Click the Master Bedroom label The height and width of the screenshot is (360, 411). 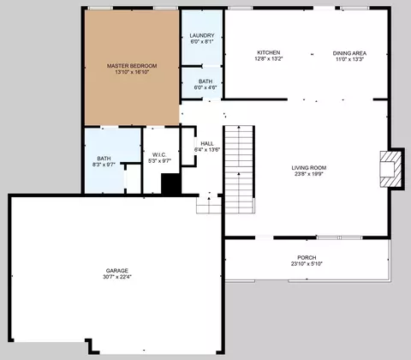pyautogui.click(x=132, y=66)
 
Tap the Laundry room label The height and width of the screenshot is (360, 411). pyautogui.click(x=202, y=35)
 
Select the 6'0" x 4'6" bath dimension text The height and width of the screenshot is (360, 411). pyautogui.click(x=205, y=87)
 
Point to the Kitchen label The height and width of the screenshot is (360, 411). pyautogui.click(x=269, y=52)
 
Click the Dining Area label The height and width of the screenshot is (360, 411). pyautogui.click(x=349, y=53)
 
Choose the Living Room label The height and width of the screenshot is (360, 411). pyautogui.click(x=309, y=168)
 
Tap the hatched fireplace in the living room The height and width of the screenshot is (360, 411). pyautogui.click(x=390, y=169)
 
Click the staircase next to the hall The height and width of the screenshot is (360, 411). pyautogui.click(x=239, y=170)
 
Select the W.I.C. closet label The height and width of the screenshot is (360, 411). pyautogui.click(x=159, y=154)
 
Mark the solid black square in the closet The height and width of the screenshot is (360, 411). pyautogui.click(x=171, y=184)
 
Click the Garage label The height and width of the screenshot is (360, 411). pyautogui.click(x=117, y=270)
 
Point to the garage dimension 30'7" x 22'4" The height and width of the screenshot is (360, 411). pyautogui.click(x=117, y=277)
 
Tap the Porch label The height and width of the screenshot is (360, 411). pyautogui.click(x=307, y=257)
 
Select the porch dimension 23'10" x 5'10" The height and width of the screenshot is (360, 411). pyautogui.click(x=307, y=264)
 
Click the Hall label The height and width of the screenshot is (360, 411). pyautogui.click(x=207, y=143)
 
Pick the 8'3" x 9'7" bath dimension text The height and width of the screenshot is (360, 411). pyautogui.click(x=104, y=165)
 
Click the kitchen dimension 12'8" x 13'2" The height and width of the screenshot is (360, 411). pyautogui.click(x=269, y=59)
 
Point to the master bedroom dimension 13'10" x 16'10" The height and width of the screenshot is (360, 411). pyautogui.click(x=132, y=72)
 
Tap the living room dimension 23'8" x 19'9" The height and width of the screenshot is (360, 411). pyautogui.click(x=309, y=174)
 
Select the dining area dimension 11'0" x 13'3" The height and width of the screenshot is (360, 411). pyautogui.click(x=349, y=59)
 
